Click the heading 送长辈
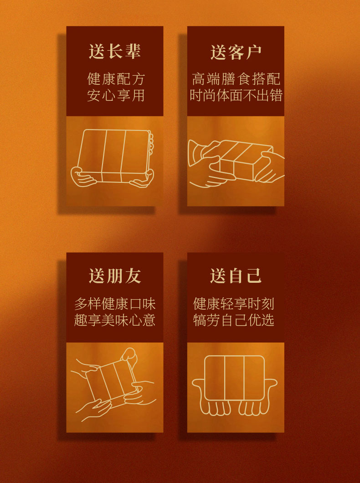point(115,51)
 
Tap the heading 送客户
point(236,52)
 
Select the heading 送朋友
point(115,275)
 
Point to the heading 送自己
point(236,275)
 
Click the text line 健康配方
point(116,79)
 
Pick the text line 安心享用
point(116,95)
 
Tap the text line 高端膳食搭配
point(236,79)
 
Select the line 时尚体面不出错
point(236,95)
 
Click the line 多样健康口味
point(115,304)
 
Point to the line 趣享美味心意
point(115,320)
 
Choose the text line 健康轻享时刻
point(233,304)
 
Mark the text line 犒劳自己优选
point(233,320)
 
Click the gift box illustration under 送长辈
point(114,156)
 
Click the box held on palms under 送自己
point(235,378)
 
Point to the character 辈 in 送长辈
point(133,51)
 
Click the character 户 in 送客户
point(254,52)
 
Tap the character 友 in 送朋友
point(133,275)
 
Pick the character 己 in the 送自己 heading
point(254,275)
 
